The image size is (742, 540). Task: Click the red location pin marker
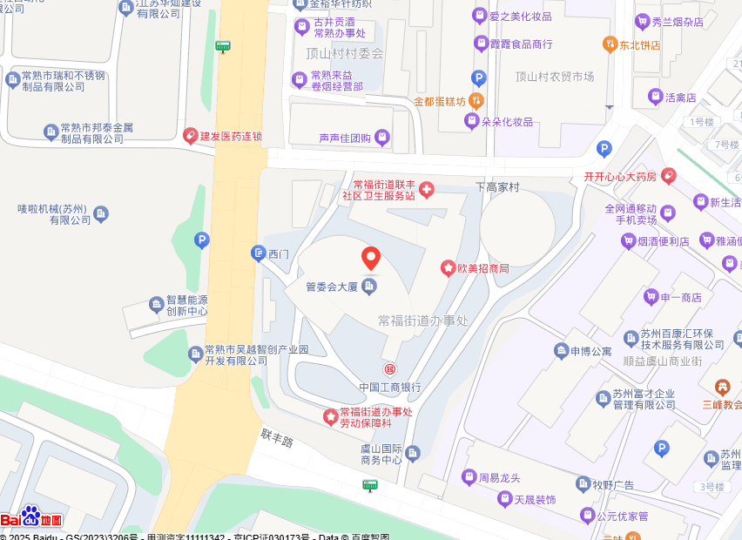coord(371,259)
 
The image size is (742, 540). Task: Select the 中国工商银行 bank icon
coord(390,369)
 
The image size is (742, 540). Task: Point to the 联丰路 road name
coord(277,436)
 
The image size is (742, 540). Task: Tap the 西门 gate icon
coord(258,253)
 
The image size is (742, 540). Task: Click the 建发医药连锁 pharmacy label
coord(231,136)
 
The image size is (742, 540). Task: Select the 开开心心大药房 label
coord(618,177)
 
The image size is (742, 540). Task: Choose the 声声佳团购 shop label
coord(345,138)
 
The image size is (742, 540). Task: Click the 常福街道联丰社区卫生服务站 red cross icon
coord(427,190)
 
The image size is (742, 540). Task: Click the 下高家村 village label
coord(497,187)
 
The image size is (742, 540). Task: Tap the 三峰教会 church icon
coord(721,386)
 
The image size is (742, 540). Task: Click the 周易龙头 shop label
coord(499,477)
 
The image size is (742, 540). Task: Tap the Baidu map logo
coord(31,518)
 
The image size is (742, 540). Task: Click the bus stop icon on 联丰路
coord(370,485)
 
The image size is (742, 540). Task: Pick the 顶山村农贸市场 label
coord(555,77)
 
